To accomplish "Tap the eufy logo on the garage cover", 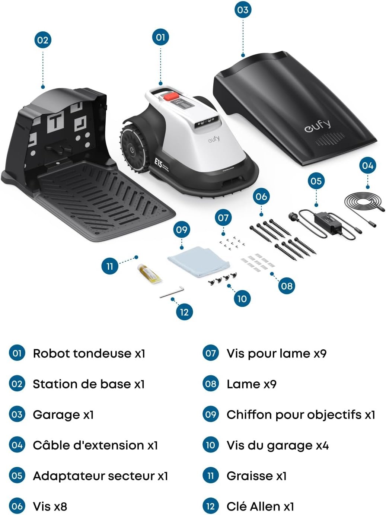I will (317, 126).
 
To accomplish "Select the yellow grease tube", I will (149, 274).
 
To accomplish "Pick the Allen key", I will (172, 292).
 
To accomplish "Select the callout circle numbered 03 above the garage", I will (243, 10).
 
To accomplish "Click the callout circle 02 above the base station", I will (43, 40).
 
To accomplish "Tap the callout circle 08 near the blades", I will (287, 286).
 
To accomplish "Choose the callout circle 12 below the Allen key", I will (184, 312).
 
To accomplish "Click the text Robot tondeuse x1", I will (89, 353).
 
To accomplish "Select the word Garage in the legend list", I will (56, 414).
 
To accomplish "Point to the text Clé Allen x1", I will (260, 506).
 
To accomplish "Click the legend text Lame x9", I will (251, 384).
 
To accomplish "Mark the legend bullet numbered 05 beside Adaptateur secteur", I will (17, 476).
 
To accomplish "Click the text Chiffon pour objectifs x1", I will (301, 414).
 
